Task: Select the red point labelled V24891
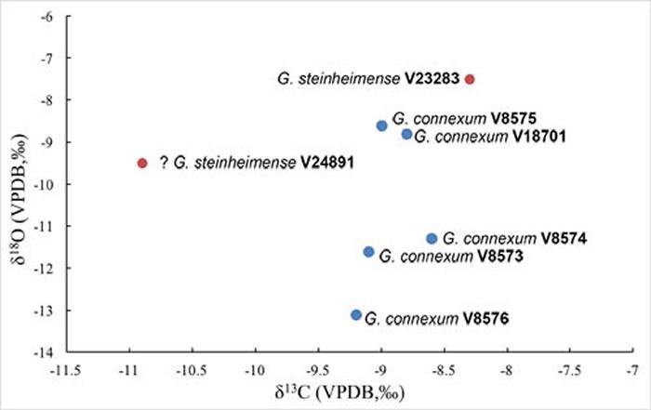tap(142, 163)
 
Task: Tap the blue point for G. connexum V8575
tap(381, 126)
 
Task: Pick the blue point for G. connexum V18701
tap(406, 134)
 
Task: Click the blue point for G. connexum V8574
tap(432, 239)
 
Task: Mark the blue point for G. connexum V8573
tap(368, 252)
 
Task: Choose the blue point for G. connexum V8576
tap(356, 315)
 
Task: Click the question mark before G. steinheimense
tap(163, 163)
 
